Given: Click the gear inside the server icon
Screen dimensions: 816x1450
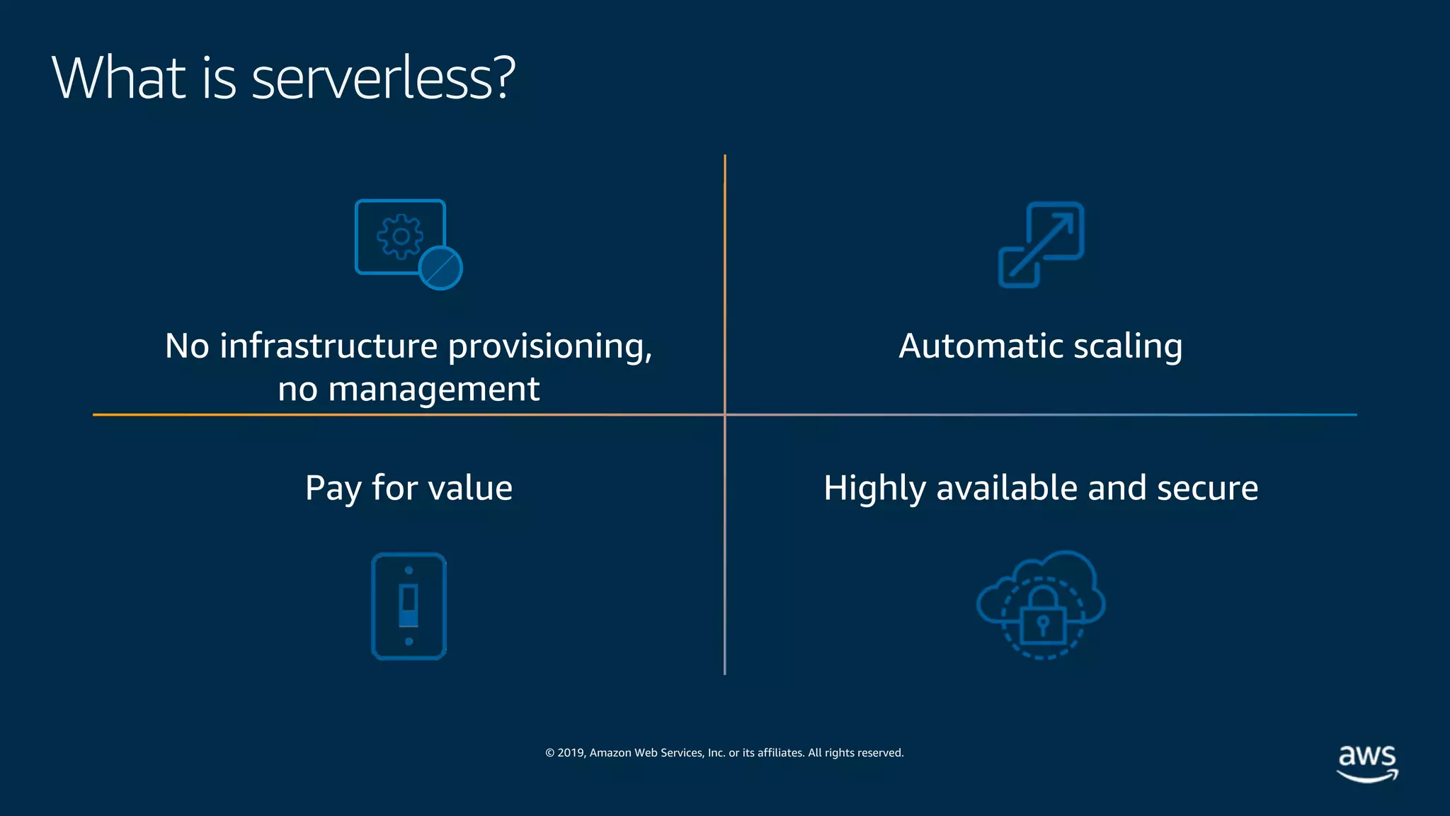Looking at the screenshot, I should [x=400, y=236].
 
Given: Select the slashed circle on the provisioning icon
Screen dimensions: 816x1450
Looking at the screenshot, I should [x=440, y=268].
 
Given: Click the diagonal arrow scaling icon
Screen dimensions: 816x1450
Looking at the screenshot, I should [x=1041, y=244].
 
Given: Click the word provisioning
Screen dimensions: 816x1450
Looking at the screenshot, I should [x=549, y=346].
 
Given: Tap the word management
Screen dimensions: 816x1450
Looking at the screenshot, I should [x=433, y=390].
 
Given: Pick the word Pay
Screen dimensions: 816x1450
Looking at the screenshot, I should [x=333, y=489].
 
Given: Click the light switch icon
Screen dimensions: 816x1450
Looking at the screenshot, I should [x=409, y=606].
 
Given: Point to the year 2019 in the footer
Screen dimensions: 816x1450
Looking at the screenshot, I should [x=571, y=753].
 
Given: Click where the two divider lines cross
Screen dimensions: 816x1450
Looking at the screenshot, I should [x=725, y=414].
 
